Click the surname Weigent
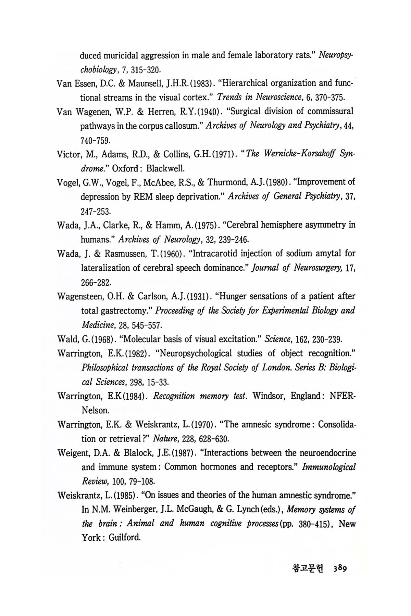(73, 453)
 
